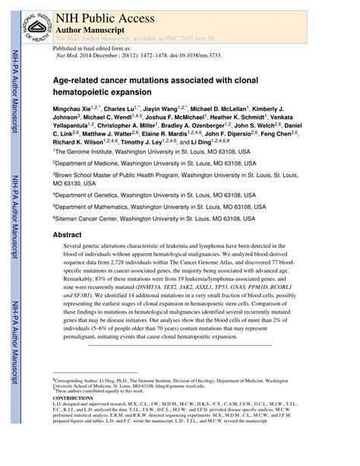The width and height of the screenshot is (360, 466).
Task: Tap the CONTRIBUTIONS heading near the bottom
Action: [x=73, y=398]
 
